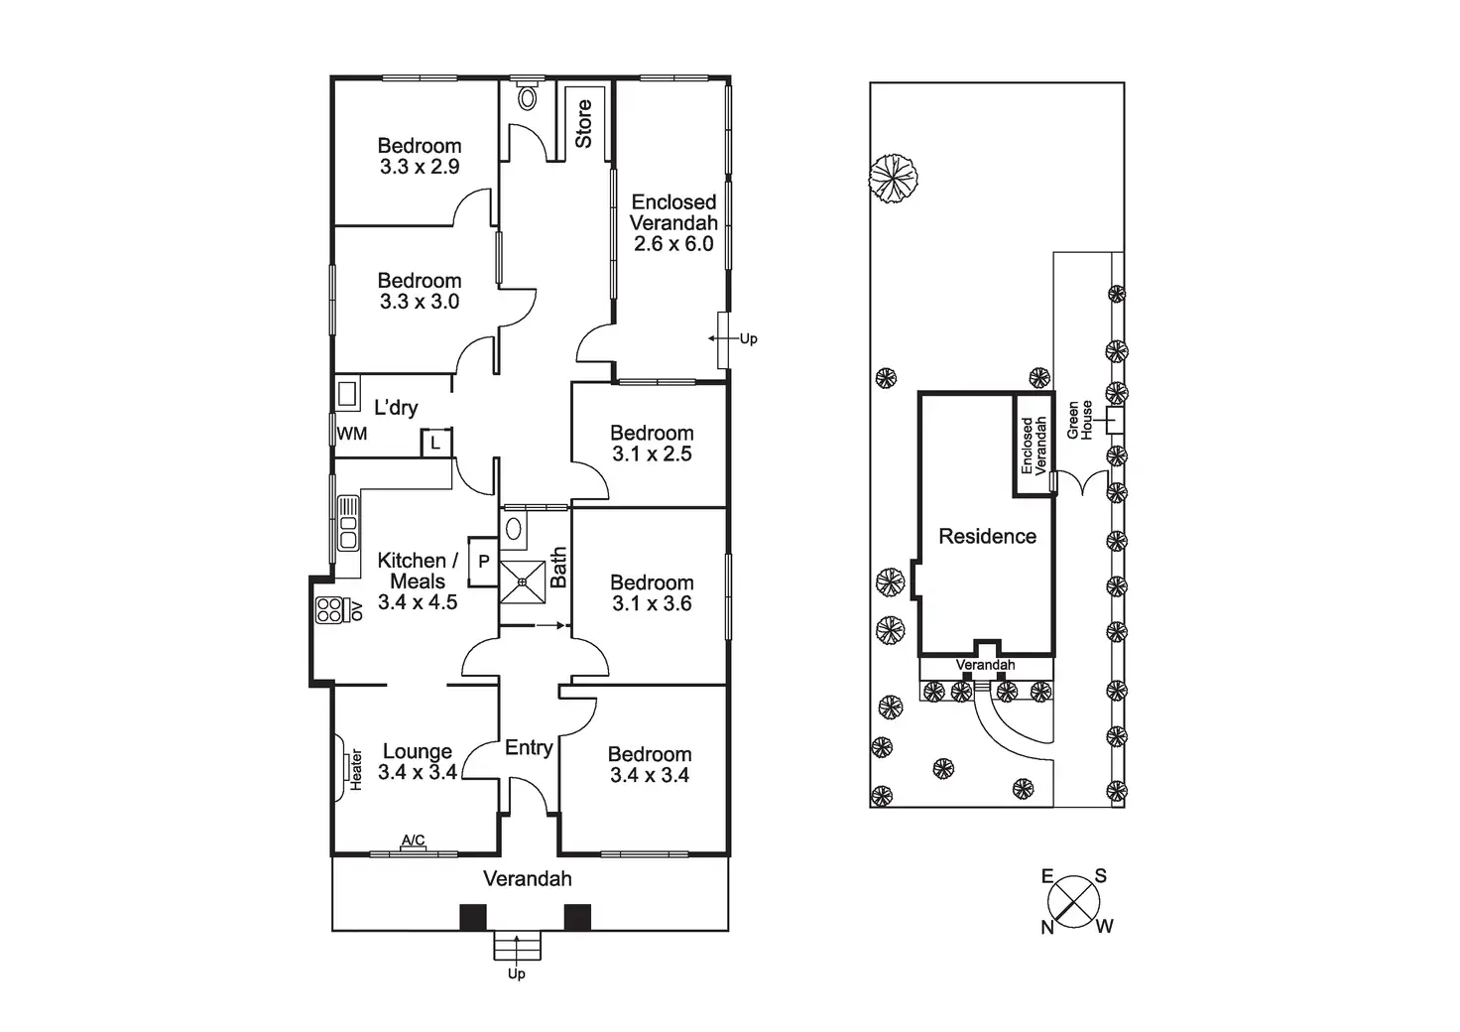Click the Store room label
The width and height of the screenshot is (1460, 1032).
583,124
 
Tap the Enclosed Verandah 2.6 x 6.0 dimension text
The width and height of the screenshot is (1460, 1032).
673,243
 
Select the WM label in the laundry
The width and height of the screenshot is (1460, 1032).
352,434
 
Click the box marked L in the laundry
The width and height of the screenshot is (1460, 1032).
436,444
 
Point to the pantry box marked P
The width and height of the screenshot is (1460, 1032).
484,562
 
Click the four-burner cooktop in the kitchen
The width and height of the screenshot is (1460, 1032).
329,610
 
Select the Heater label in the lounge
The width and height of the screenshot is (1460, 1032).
356,770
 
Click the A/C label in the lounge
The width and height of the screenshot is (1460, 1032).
414,839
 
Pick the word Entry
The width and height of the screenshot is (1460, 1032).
530,748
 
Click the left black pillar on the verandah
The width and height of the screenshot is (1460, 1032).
473,917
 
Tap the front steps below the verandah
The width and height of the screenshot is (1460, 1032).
517,946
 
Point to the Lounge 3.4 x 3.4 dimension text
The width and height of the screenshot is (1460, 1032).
418,772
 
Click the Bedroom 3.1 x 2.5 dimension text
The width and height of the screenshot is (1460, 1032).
652,453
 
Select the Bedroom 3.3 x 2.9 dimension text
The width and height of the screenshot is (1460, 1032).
420,167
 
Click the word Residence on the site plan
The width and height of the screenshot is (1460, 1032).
988,536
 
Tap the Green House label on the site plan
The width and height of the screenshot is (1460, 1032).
1080,421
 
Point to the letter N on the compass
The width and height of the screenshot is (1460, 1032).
1047,927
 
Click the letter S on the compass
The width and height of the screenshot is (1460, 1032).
1100,875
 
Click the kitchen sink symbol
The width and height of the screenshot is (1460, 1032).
348,523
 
